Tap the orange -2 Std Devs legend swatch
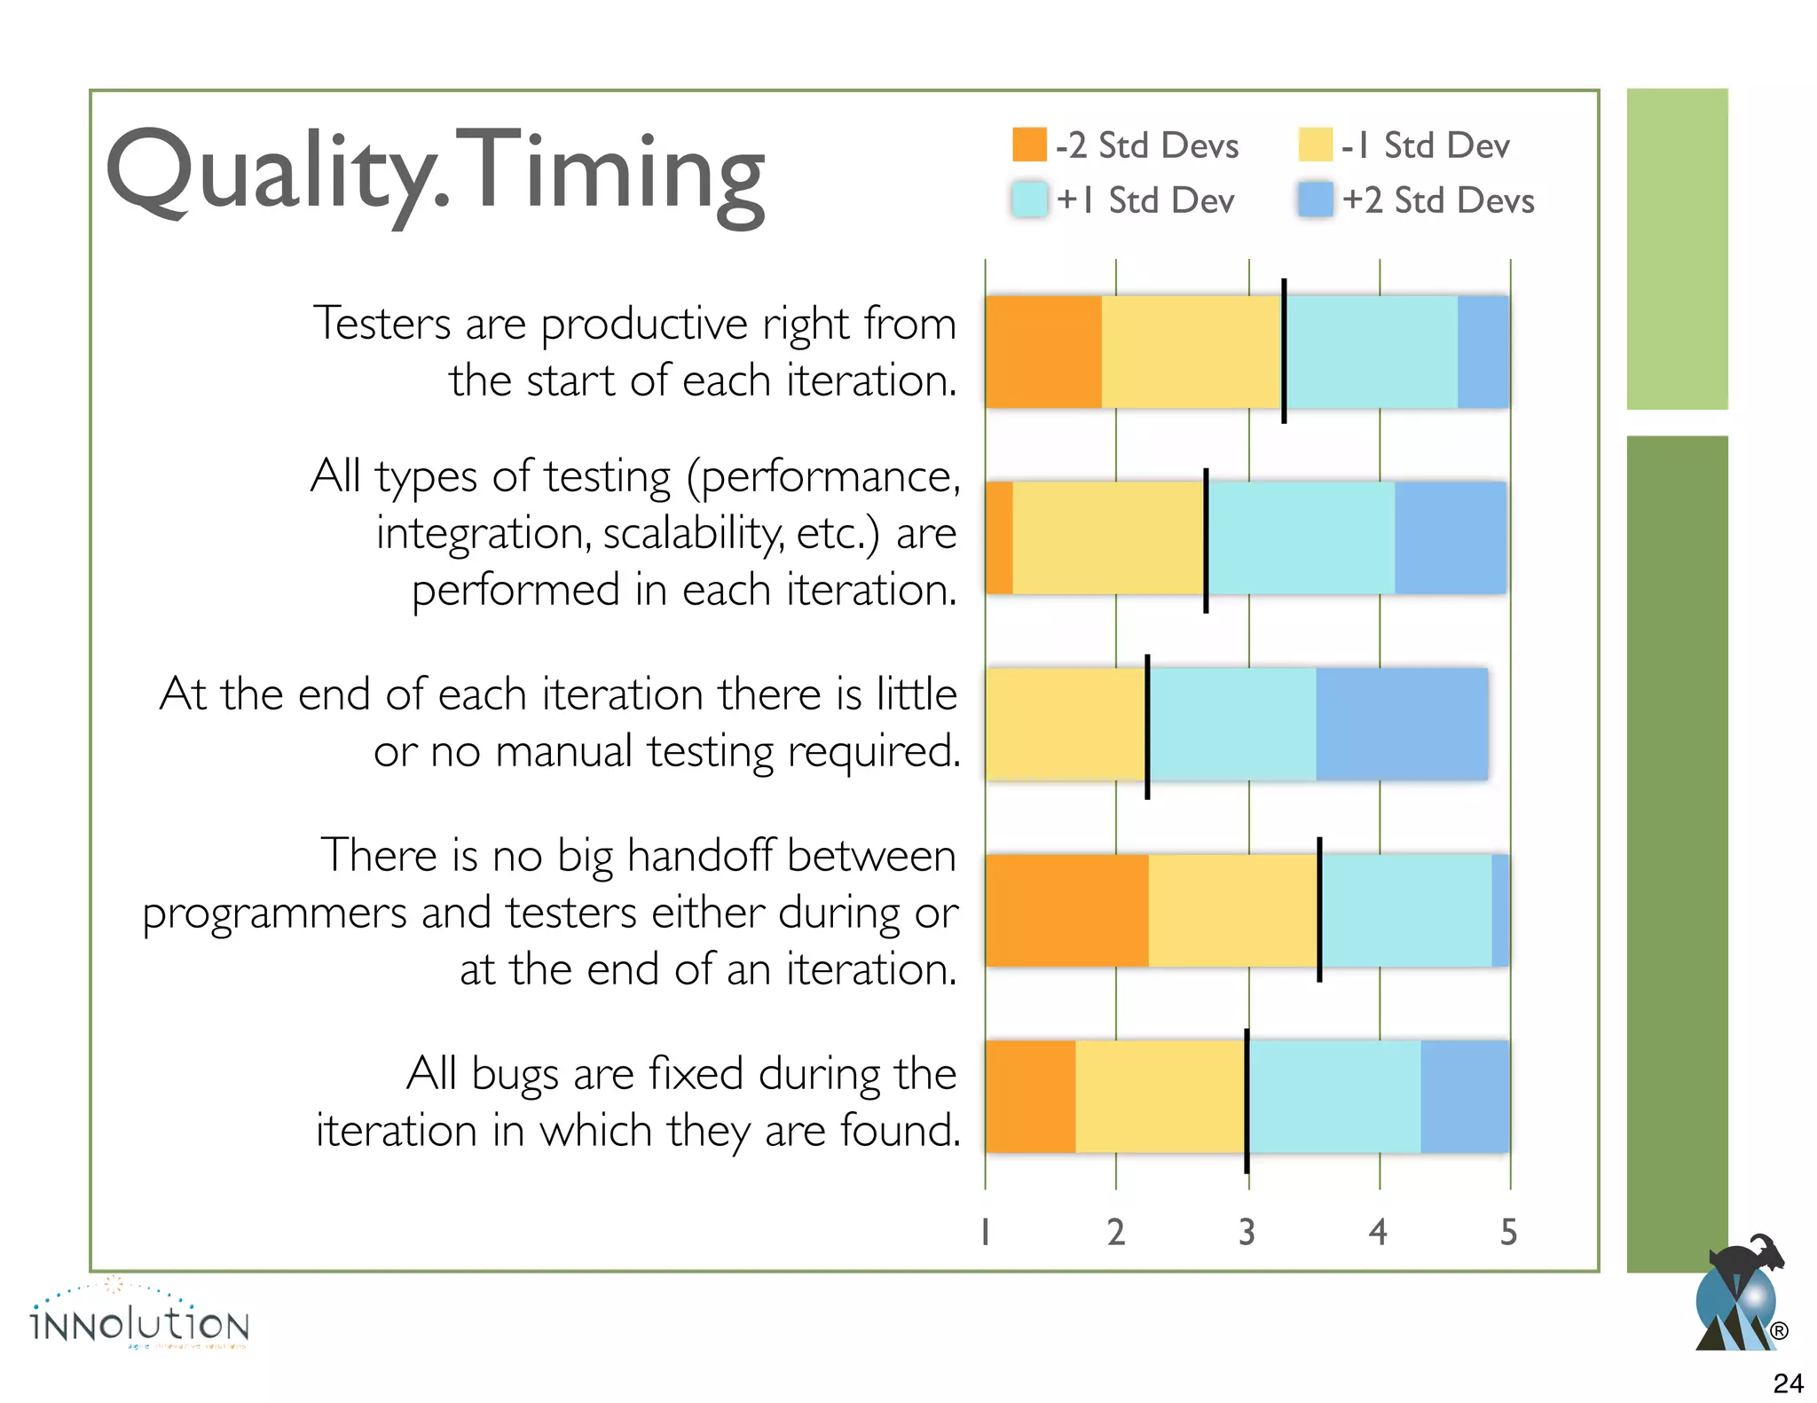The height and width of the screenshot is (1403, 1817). point(1029,145)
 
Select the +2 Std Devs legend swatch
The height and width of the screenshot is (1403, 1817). point(1315,200)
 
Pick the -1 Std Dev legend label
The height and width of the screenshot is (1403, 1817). point(1425,145)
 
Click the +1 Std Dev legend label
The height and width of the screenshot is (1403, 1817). point(1144,200)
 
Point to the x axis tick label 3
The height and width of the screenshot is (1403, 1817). point(1247,1232)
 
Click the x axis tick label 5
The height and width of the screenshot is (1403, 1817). point(1508,1232)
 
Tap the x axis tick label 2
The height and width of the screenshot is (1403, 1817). point(1116,1232)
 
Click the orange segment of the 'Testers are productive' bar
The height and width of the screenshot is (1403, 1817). point(1043,352)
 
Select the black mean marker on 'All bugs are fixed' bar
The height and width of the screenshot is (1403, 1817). point(1247,1100)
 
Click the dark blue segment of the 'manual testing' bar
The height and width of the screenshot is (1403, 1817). point(1402,724)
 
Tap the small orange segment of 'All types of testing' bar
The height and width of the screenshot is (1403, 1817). point(999,537)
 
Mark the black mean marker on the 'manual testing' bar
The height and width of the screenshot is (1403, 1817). point(1147,726)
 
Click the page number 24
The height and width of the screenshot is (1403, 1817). point(1788,1383)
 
